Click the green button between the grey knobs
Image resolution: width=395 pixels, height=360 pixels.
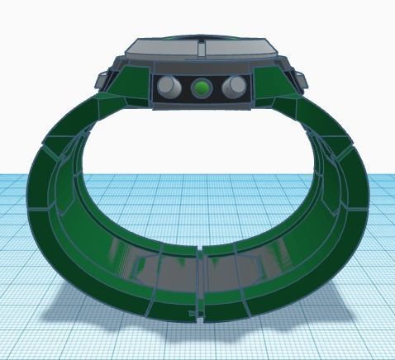coord(201,87)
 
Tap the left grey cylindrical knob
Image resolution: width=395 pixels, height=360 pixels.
coord(169,86)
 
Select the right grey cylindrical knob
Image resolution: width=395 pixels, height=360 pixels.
coord(234,86)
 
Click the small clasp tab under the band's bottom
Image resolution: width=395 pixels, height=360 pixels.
coord(197,316)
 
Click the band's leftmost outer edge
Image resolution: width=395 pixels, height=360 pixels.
coord(31,198)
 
